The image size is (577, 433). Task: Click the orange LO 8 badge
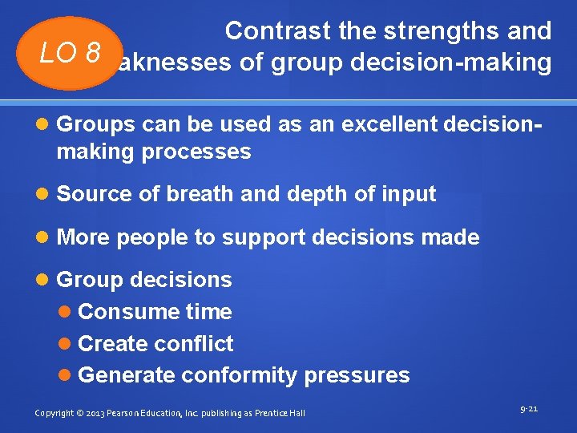pyautogui.click(x=71, y=53)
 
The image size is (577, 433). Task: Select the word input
pyautogui.click(x=409, y=194)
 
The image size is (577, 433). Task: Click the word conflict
pyautogui.click(x=193, y=343)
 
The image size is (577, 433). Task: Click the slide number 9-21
pyautogui.click(x=529, y=409)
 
